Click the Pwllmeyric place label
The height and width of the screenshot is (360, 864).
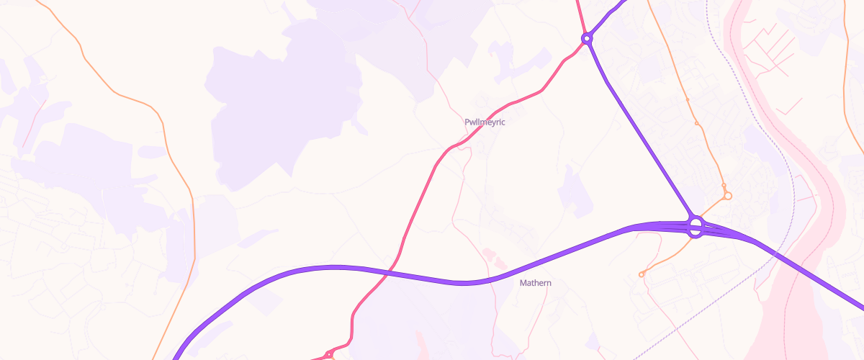point(485,122)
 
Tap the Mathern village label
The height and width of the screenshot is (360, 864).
point(536,283)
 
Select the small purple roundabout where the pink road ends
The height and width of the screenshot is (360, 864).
point(587,37)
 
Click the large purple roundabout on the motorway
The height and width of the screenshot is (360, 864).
point(696,228)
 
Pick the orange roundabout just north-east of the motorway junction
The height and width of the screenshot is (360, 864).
point(727,195)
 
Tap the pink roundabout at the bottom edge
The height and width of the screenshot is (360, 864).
point(328,354)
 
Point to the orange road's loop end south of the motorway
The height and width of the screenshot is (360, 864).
point(642,274)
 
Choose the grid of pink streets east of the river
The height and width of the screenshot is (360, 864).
point(774,43)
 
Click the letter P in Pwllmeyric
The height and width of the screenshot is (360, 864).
point(467,122)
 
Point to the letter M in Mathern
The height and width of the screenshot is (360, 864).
point(523,283)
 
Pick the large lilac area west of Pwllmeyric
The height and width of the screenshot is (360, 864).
point(281,101)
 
